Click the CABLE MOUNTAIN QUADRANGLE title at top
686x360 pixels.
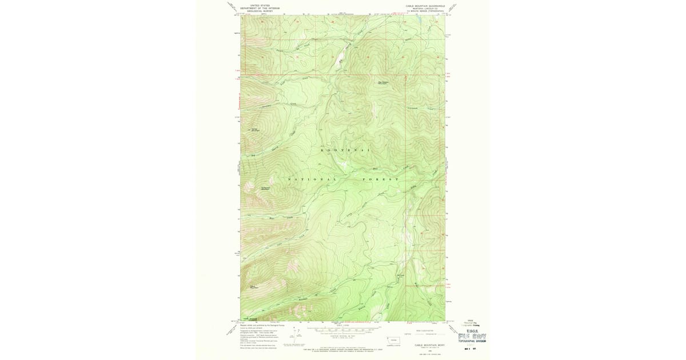(x=425, y=6)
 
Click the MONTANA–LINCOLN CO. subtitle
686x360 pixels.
(x=425, y=9)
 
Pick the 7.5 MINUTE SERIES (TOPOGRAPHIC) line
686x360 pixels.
(x=425, y=11)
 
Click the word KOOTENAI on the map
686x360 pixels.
(x=345, y=150)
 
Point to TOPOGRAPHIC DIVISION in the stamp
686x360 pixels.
(x=474, y=342)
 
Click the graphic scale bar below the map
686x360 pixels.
(x=342, y=330)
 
